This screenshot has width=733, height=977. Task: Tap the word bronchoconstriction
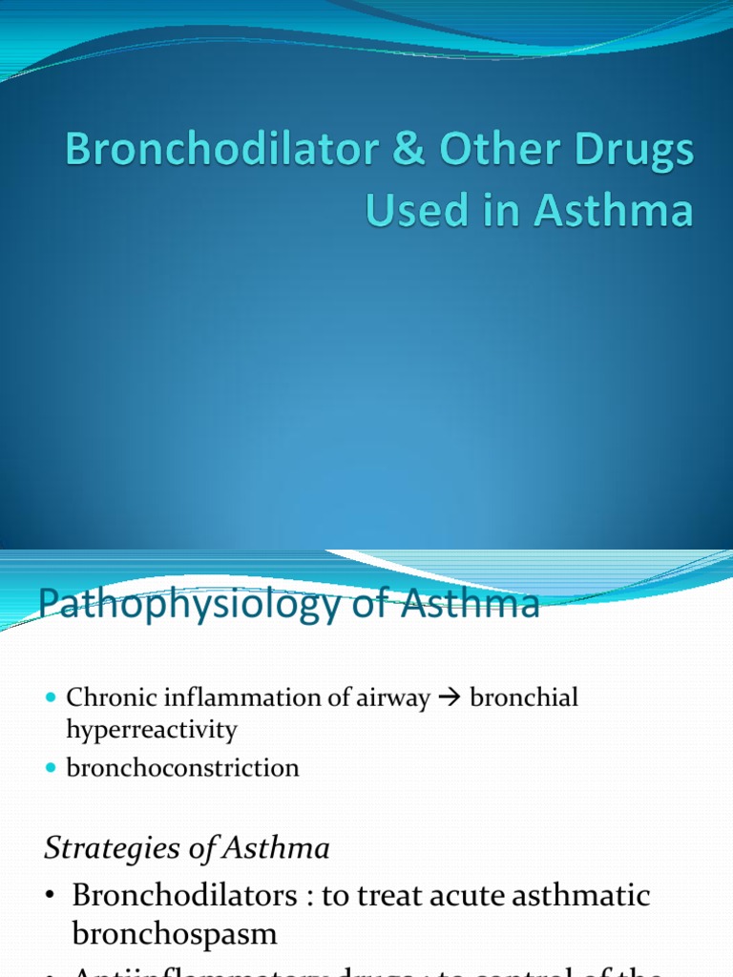pyautogui.click(x=182, y=767)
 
